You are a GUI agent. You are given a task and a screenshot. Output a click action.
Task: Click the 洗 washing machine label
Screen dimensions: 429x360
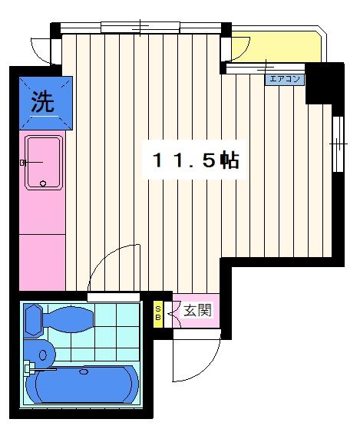pyautogui.click(x=43, y=102)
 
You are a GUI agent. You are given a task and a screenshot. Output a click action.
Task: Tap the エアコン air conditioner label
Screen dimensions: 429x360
pyautogui.click(x=284, y=78)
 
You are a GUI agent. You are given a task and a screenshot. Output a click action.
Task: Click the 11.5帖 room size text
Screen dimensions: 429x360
pyautogui.click(x=195, y=161)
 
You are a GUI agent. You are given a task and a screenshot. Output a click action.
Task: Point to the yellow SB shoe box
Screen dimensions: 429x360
pyautogui.click(x=158, y=311)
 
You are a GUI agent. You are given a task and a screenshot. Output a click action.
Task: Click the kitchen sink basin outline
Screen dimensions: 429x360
pyautogui.click(x=45, y=162)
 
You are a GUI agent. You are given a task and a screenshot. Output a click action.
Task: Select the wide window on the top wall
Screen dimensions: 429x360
pyautogui.click(x=141, y=28)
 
